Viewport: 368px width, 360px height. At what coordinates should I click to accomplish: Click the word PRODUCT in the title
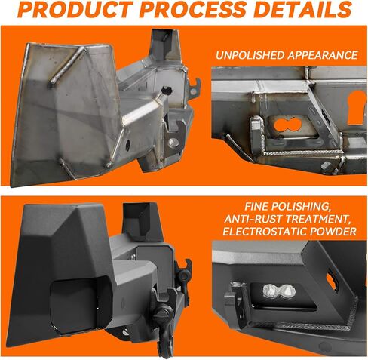point(75,10)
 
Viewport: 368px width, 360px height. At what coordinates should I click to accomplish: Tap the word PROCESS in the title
point(192,10)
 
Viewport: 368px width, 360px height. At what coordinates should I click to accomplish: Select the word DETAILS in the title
point(302,10)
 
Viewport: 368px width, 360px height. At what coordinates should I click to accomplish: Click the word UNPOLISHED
point(250,55)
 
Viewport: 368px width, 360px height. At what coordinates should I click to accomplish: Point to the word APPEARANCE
point(323,55)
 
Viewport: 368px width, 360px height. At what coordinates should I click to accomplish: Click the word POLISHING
point(300,207)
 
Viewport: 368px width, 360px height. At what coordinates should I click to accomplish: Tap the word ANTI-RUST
point(253,219)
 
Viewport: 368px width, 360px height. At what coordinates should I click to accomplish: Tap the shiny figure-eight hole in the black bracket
point(279,291)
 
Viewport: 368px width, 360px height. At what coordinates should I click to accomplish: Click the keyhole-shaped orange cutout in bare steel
point(356,107)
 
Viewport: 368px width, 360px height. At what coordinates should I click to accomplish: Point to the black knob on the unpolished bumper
point(166,89)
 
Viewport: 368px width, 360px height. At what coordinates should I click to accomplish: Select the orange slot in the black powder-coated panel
point(331,281)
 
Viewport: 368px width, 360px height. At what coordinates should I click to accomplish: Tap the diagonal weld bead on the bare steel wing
point(67,66)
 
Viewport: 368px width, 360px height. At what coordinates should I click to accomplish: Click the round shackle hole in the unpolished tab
point(173,143)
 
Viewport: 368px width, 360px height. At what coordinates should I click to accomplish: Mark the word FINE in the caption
point(256,207)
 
